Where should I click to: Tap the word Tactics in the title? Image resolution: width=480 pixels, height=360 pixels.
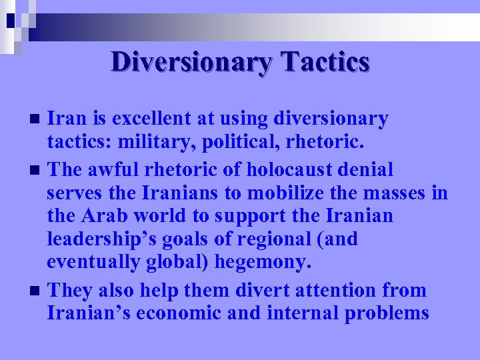click(x=325, y=62)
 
